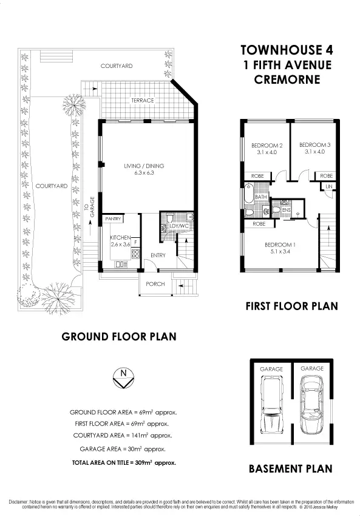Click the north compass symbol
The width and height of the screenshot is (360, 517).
(x=124, y=378)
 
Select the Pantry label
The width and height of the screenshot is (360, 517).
(x=113, y=218)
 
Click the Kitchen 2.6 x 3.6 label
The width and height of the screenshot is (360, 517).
(x=120, y=241)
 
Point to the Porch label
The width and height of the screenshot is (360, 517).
(x=155, y=284)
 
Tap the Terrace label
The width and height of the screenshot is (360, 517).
(x=143, y=101)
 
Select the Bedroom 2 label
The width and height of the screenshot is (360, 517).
(x=267, y=149)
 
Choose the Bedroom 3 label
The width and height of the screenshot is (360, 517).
(x=314, y=149)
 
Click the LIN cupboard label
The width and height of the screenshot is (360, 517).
(x=328, y=186)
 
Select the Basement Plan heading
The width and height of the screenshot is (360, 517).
(x=291, y=468)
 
